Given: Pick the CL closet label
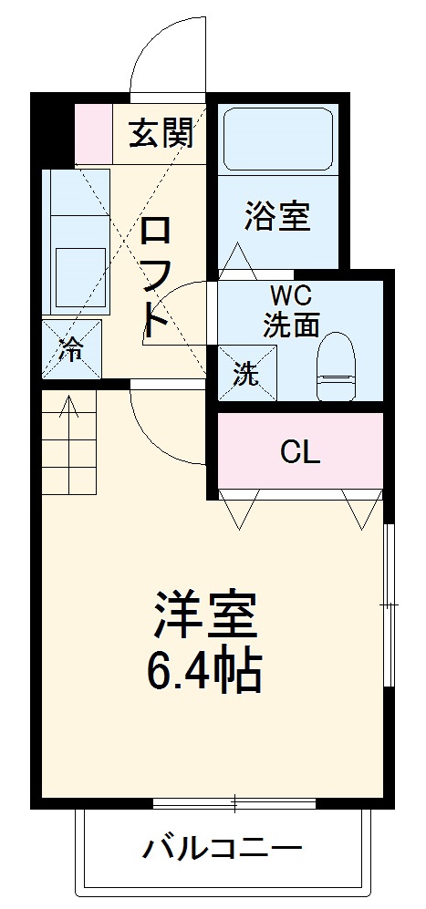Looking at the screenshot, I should [300, 451].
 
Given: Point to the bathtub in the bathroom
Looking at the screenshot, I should [277, 139].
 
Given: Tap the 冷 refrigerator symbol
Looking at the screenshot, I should [71, 348].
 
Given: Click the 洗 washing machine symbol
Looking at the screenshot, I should [245, 373].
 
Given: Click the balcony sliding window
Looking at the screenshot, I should [234, 803].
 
